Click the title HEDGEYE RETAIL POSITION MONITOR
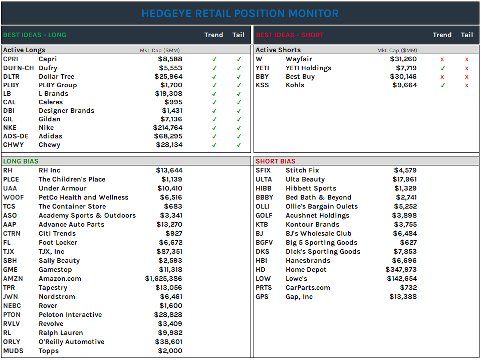click(x=240, y=14)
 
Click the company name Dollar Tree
click(x=56, y=77)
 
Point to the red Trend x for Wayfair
click(x=442, y=60)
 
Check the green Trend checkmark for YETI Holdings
click(x=442, y=68)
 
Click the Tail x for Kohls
click(x=466, y=85)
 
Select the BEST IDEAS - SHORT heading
click(x=290, y=35)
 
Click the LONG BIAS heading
click(x=21, y=161)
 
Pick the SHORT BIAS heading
click(x=275, y=161)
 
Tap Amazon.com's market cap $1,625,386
click(x=163, y=279)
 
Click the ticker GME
click(x=11, y=270)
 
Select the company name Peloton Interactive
click(x=70, y=315)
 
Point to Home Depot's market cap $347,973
click(x=401, y=270)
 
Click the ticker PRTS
click(x=264, y=288)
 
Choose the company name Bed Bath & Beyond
click(x=318, y=198)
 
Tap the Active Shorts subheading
click(x=278, y=50)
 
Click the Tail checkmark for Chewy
click(x=238, y=145)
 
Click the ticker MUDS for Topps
click(x=13, y=351)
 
